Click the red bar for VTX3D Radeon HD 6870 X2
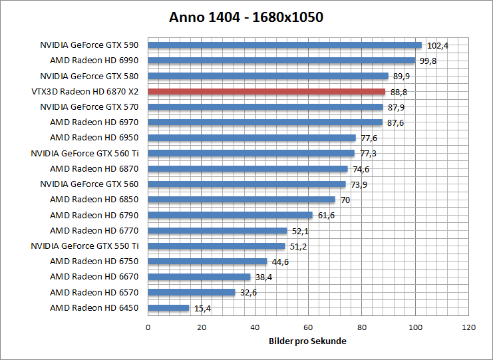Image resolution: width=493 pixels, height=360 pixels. click(x=266, y=92)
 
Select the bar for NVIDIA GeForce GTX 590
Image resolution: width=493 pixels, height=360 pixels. click(x=285, y=45)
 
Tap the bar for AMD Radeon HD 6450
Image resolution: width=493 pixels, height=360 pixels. click(x=168, y=307)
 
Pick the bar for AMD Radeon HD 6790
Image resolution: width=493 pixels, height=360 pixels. click(x=230, y=215)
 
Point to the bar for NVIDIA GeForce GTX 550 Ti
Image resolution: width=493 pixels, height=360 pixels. click(x=216, y=246)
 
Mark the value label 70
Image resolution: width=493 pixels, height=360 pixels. click(x=345, y=200)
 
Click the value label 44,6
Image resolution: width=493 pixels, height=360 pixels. click(x=280, y=262)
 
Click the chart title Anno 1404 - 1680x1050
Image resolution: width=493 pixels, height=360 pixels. click(x=246, y=17)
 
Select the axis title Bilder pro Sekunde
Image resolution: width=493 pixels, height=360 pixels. click(x=308, y=341)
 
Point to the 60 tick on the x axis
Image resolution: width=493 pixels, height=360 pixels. click(x=308, y=327)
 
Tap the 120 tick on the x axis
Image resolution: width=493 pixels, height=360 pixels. click(x=468, y=327)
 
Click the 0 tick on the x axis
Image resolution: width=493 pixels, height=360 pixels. click(x=148, y=327)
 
